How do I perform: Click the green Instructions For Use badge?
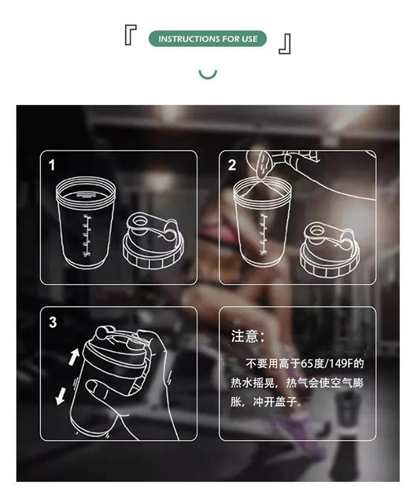point(208,39)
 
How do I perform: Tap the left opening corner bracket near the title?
point(130,36)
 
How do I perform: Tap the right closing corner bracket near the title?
point(285,44)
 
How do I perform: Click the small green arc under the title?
point(208,74)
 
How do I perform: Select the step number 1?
point(52,165)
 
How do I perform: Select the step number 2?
point(232,165)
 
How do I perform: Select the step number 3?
point(52,322)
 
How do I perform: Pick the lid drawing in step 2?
point(329,249)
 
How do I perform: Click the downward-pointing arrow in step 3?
point(61,396)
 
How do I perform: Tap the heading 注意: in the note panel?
point(247,336)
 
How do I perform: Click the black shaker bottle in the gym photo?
point(348,408)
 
